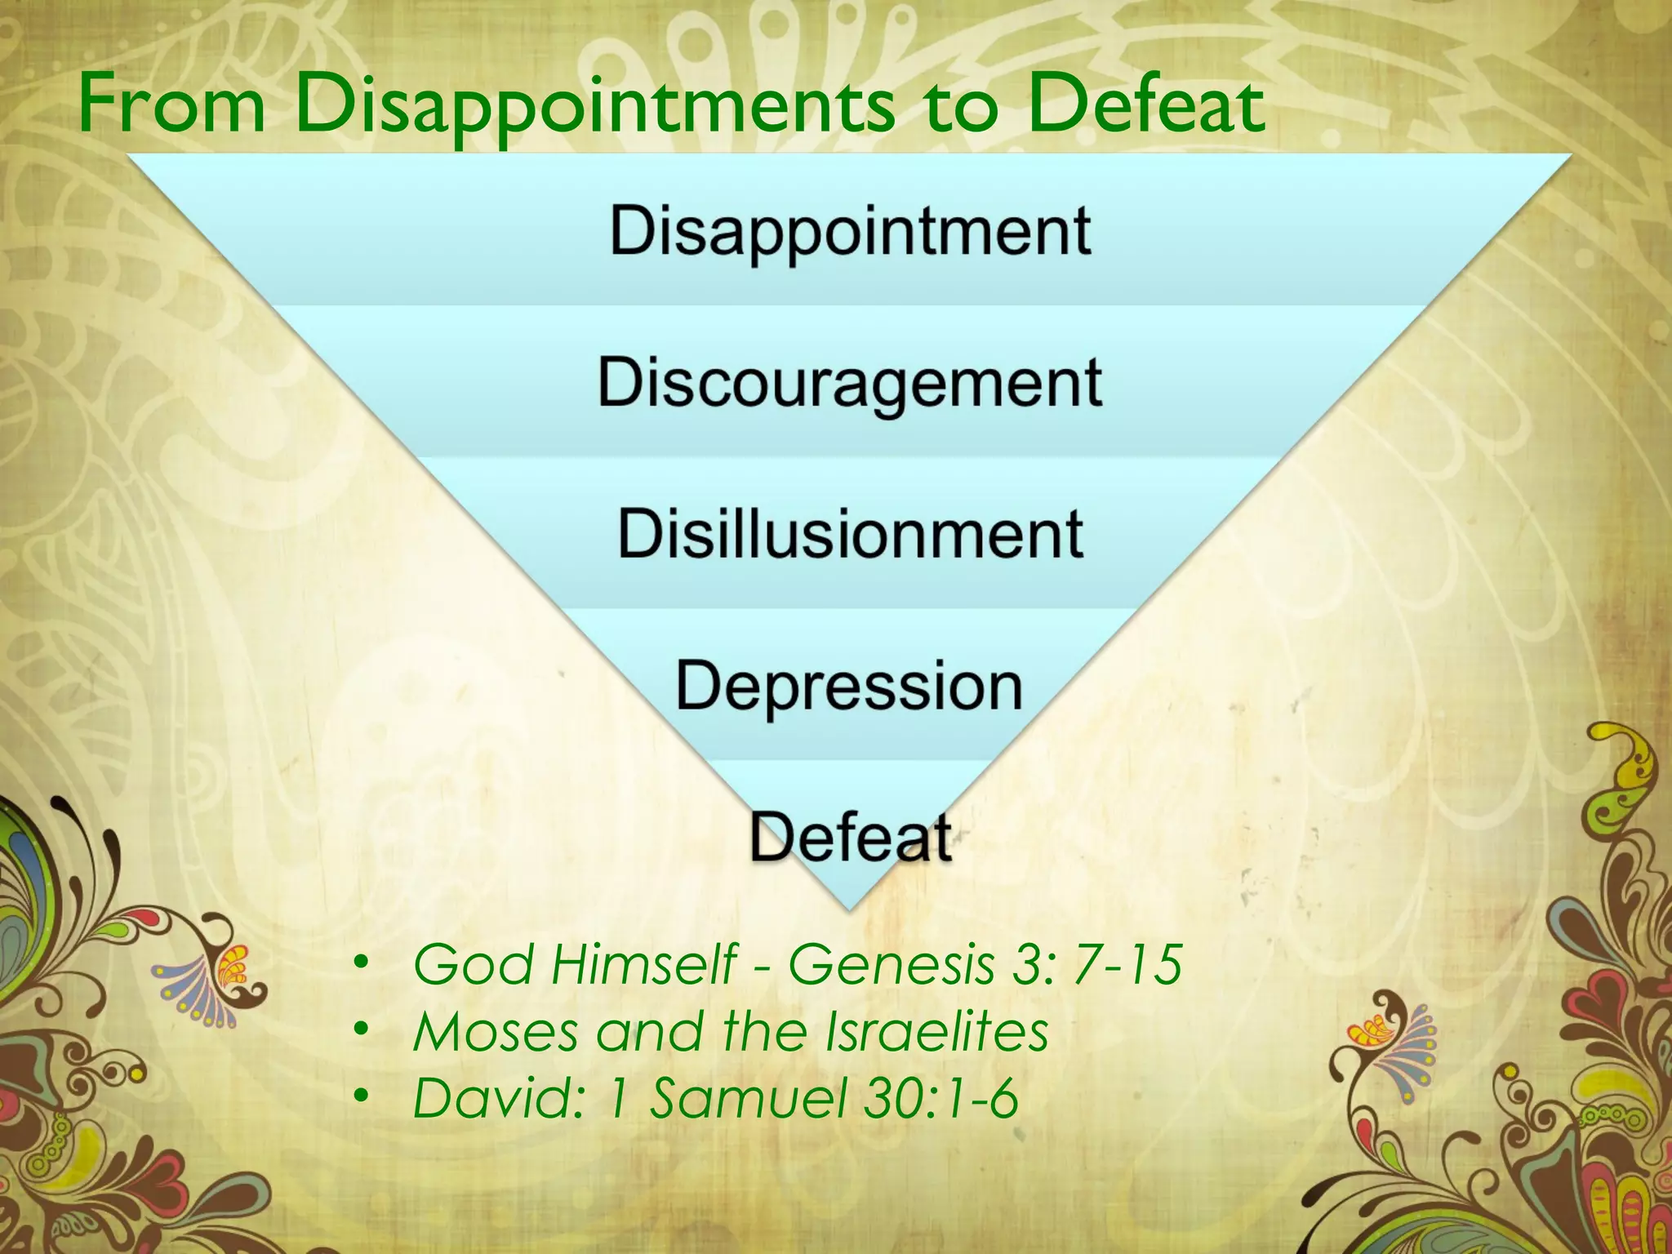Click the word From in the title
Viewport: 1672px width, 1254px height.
[171, 104]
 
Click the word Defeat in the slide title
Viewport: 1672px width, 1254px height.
[1146, 104]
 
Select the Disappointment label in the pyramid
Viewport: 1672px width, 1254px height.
[850, 232]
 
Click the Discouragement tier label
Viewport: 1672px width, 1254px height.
[850, 384]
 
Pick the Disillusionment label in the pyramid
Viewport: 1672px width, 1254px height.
[850, 535]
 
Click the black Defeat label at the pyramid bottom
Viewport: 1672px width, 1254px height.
[851, 838]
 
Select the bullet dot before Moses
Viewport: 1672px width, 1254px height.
[362, 1031]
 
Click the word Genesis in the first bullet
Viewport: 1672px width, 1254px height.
[891, 964]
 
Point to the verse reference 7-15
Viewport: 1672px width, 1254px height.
[1128, 964]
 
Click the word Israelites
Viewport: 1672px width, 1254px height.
[936, 1031]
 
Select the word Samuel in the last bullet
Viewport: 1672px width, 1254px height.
[747, 1098]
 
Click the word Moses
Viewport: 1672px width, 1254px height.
[496, 1031]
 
